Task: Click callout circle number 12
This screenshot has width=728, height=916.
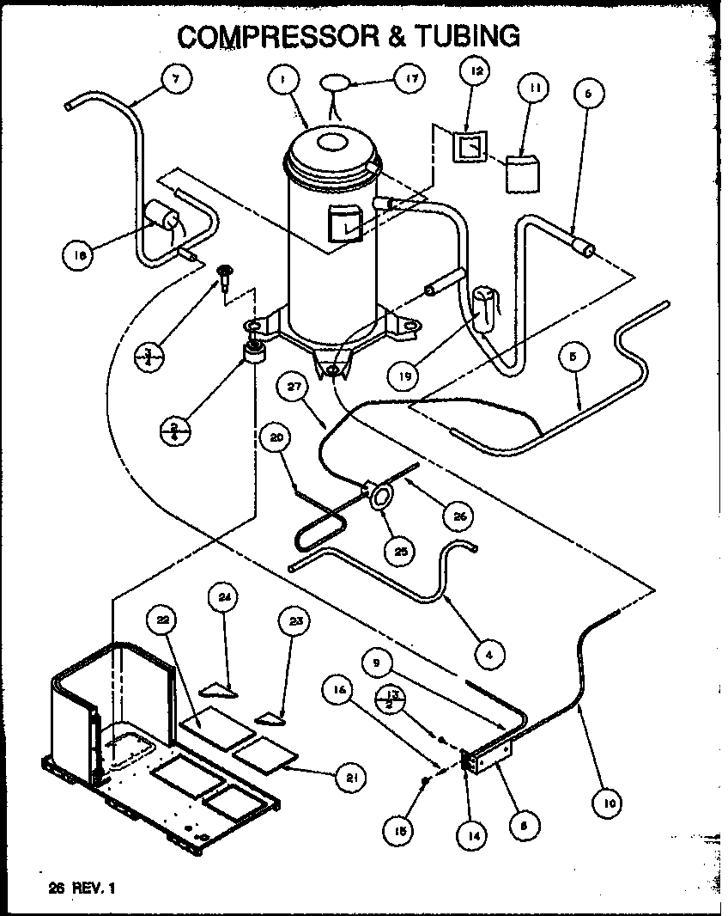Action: tap(477, 71)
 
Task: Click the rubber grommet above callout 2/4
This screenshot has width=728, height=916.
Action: tap(254, 353)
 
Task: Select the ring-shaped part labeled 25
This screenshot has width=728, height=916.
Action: tap(379, 499)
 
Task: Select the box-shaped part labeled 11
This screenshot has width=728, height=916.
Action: tap(524, 174)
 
